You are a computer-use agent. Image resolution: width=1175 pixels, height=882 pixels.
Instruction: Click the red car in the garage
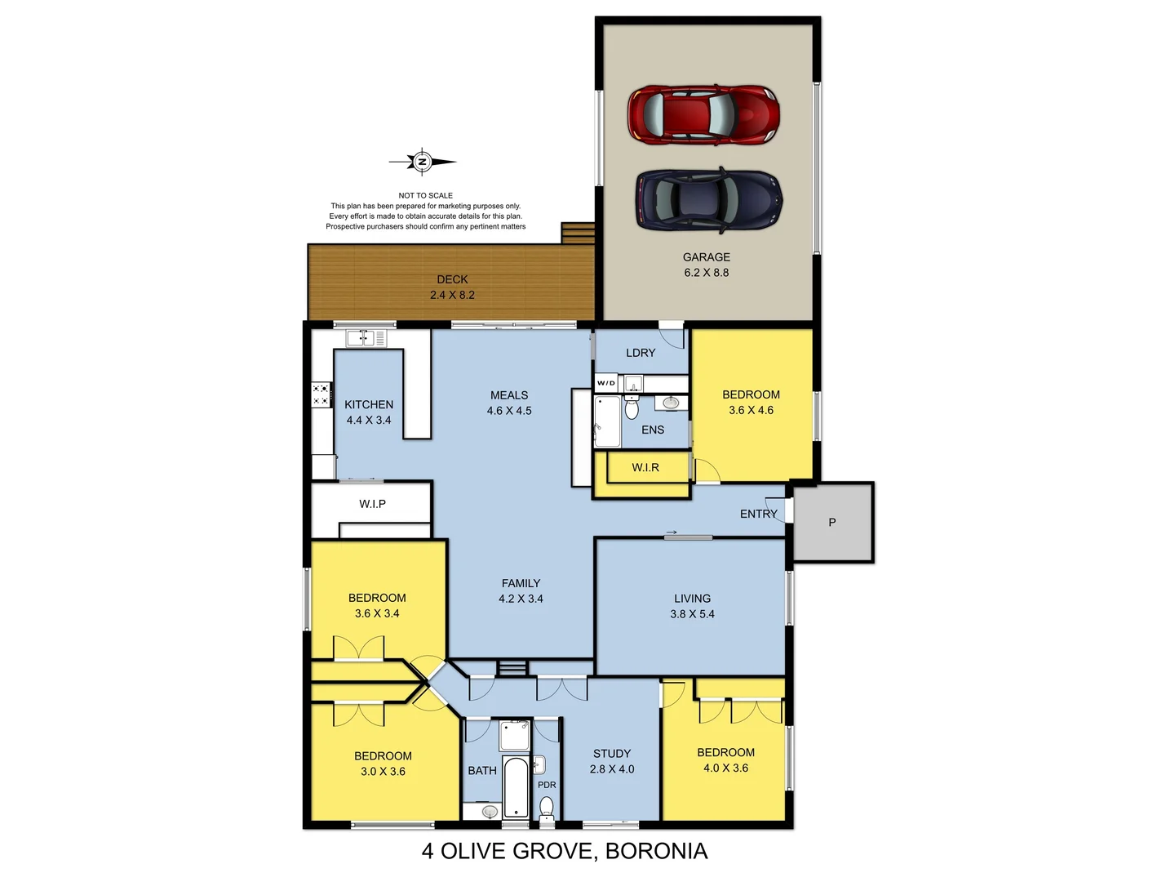[703, 114]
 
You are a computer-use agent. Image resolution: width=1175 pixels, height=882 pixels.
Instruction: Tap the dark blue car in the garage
[708, 200]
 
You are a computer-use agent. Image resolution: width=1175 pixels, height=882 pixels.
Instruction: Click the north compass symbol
[422, 162]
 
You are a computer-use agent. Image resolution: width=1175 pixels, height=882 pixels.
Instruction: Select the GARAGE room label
[706, 256]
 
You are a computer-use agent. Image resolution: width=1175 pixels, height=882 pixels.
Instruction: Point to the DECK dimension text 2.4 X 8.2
[452, 295]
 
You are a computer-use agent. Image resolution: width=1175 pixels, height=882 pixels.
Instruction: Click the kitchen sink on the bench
[366, 337]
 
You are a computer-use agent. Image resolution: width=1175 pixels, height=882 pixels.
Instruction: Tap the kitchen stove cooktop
[321, 395]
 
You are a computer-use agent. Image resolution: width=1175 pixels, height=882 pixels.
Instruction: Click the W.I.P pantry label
[372, 504]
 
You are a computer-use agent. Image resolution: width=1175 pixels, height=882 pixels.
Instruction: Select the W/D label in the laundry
[606, 383]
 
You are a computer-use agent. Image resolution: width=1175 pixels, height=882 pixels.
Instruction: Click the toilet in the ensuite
[631, 407]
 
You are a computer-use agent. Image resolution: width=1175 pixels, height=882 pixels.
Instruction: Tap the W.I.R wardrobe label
[645, 467]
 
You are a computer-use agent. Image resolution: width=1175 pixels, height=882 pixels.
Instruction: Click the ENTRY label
[758, 514]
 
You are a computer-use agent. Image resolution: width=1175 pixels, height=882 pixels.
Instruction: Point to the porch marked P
[832, 522]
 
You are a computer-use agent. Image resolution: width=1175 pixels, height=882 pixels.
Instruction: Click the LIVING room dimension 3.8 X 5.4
[692, 614]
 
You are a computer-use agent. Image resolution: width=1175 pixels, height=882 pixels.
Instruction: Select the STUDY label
[611, 753]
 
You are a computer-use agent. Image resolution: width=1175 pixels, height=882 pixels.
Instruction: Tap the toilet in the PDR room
[547, 808]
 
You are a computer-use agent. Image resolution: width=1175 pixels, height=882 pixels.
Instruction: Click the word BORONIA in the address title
[656, 851]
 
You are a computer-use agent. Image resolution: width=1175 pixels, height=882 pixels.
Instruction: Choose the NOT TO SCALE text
[425, 195]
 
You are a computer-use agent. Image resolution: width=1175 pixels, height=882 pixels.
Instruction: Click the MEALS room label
[508, 394]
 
